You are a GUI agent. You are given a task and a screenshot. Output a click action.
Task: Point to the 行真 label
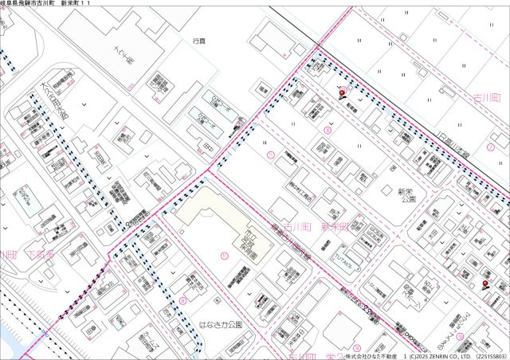199,39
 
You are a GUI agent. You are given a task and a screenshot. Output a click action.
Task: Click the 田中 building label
208,147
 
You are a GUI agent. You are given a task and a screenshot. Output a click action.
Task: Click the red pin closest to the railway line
343,97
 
